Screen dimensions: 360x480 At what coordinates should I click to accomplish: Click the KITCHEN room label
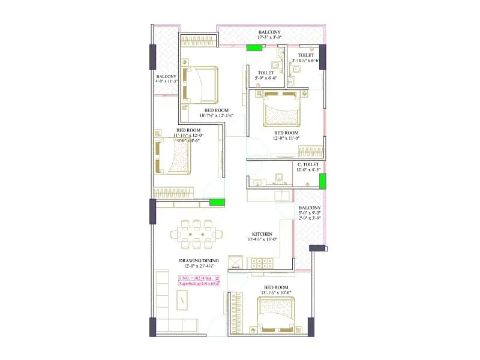[x=262, y=233]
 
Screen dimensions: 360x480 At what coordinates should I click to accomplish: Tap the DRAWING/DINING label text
[x=199, y=260]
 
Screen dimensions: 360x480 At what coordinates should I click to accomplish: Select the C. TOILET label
[x=308, y=164]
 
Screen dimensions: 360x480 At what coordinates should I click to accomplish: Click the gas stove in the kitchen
[x=262, y=263]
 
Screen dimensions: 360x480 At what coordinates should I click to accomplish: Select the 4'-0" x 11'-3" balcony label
[x=166, y=81]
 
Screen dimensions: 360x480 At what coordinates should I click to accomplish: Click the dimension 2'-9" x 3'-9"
[x=310, y=218]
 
